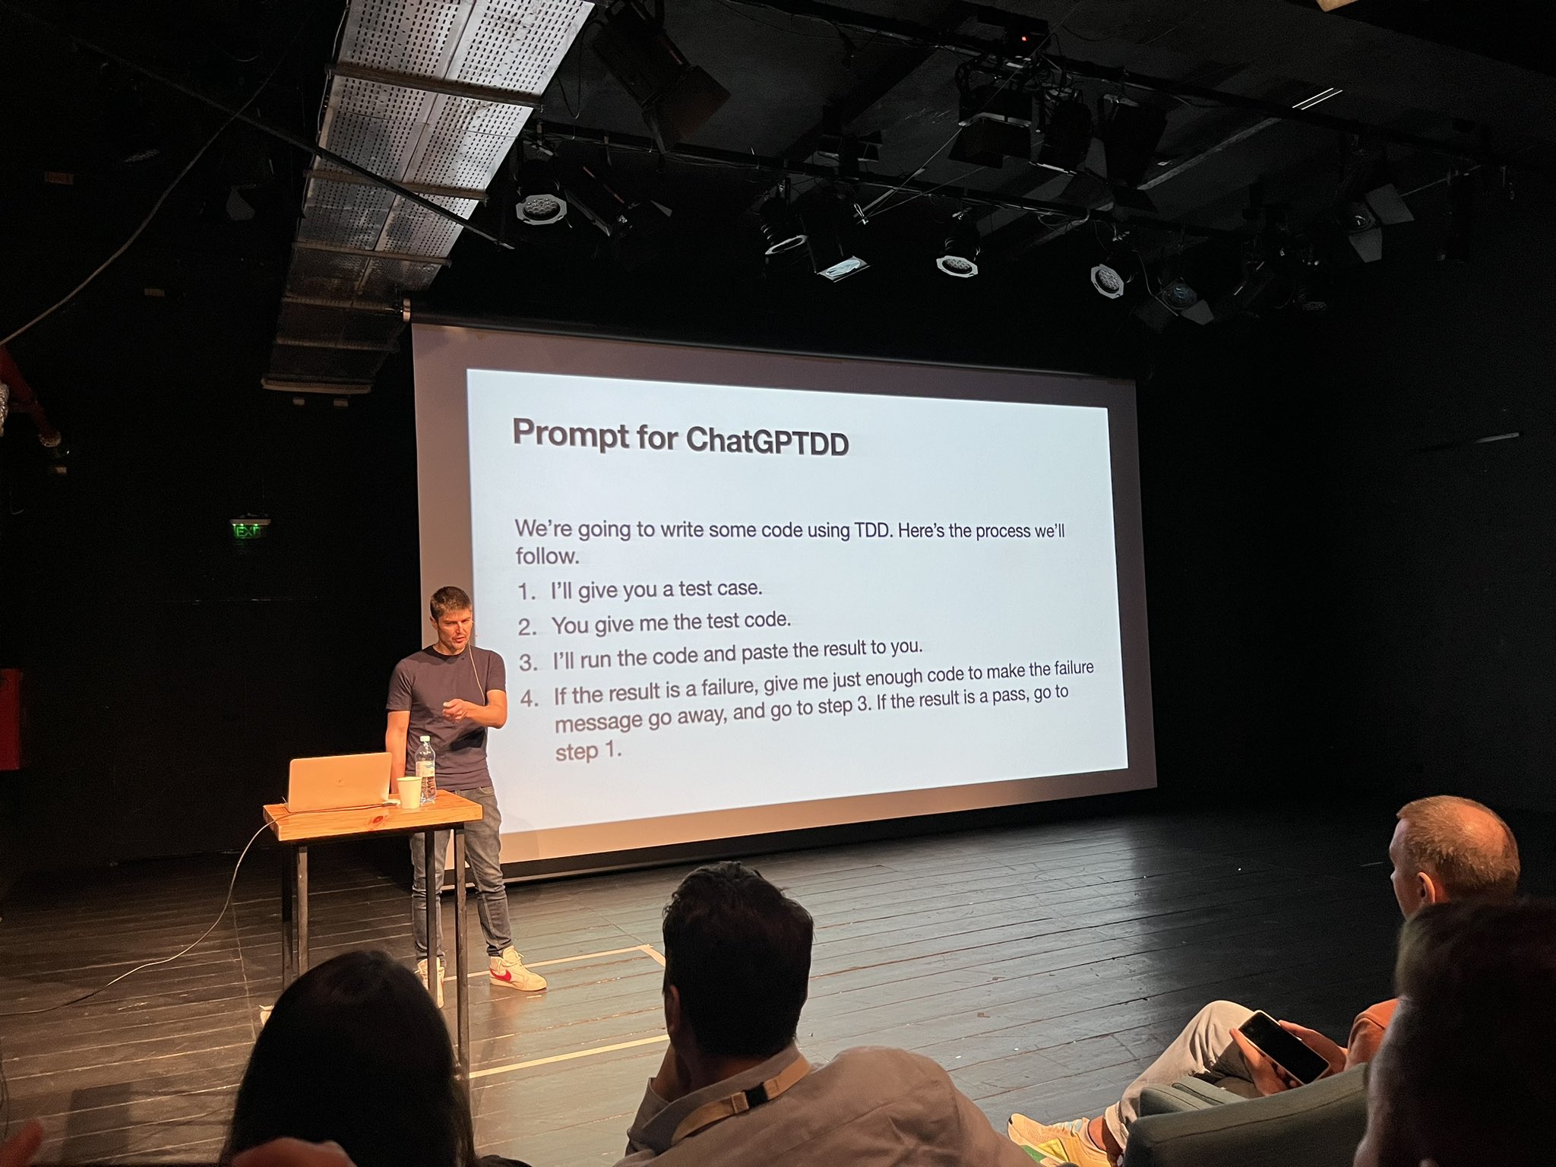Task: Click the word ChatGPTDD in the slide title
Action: click(x=767, y=441)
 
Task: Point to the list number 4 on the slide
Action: click(x=530, y=698)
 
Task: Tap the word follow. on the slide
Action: click(x=547, y=556)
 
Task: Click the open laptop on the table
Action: click(x=339, y=781)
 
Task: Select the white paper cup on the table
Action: click(x=409, y=792)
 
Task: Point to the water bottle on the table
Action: click(x=426, y=769)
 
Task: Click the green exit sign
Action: click(x=249, y=530)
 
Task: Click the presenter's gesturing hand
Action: click(x=457, y=710)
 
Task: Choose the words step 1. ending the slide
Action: click(x=588, y=751)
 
